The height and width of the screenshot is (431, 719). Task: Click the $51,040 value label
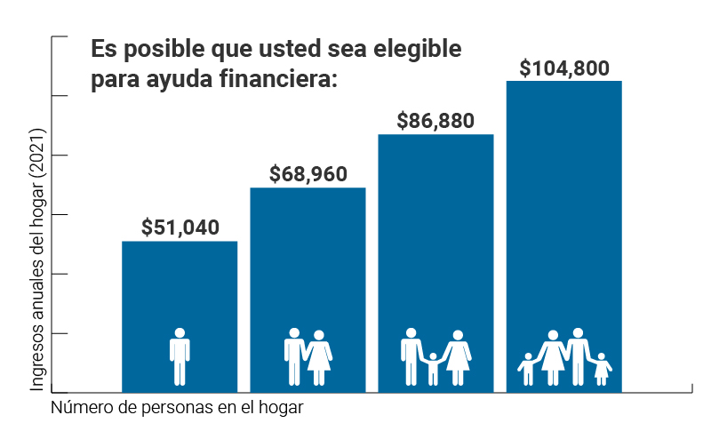pyautogui.click(x=180, y=227)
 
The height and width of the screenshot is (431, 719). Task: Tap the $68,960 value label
pyautogui.click(x=308, y=174)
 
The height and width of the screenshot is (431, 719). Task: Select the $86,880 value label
pyautogui.click(x=435, y=121)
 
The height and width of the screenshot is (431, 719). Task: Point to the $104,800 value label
pyautogui.click(x=563, y=68)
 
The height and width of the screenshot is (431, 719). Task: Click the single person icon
pyautogui.click(x=180, y=356)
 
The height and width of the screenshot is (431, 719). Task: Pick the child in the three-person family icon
pyautogui.click(x=433, y=368)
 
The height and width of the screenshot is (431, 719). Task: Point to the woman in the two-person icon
pyautogui.click(x=318, y=357)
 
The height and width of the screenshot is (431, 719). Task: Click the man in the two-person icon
pyautogui.click(x=294, y=356)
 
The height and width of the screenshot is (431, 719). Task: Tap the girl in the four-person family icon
pyautogui.click(x=602, y=369)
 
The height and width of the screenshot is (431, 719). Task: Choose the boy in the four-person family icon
pyautogui.click(x=527, y=369)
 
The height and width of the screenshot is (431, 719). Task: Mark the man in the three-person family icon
pyautogui.click(x=411, y=356)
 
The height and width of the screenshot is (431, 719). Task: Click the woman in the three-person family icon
pyautogui.click(x=458, y=357)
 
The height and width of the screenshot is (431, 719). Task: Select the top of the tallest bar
pyautogui.click(x=563, y=83)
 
